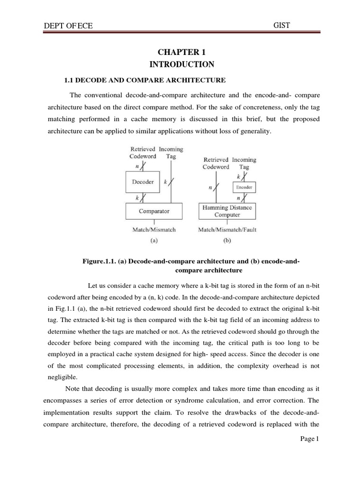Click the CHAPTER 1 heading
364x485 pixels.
point(182,53)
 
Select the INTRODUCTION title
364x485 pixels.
point(182,64)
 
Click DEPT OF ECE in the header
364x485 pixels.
point(68,26)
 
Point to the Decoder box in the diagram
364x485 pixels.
point(143,182)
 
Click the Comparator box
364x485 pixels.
point(154,211)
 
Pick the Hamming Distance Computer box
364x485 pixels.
point(227,211)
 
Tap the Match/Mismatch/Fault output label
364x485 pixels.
point(227,230)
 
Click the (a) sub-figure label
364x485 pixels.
point(154,240)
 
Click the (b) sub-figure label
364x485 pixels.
point(226,240)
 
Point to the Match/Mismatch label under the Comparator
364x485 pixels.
point(154,230)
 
